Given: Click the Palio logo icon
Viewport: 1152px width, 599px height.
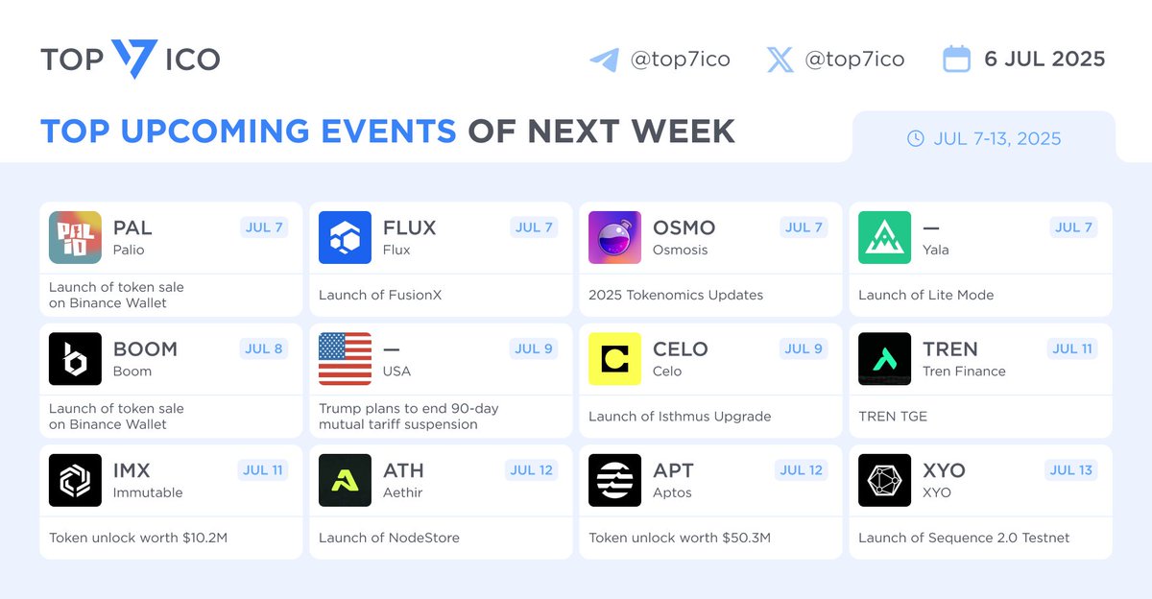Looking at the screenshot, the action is click(x=75, y=237).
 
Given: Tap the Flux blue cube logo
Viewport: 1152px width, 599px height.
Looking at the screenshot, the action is click(x=345, y=237).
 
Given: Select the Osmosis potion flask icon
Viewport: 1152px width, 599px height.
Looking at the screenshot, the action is click(x=614, y=237).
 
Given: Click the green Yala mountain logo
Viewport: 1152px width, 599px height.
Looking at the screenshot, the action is click(x=884, y=237).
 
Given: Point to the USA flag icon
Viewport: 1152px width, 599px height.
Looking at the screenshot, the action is click(x=345, y=359).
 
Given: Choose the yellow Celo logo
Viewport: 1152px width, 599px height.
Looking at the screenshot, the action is click(x=614, y=359).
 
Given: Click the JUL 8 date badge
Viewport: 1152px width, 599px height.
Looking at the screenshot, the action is click(x=263, y=348).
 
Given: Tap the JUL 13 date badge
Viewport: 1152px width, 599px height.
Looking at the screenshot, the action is click(x=1070, y=470).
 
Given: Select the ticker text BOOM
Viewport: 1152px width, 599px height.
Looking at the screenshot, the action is click(x=146, y=349).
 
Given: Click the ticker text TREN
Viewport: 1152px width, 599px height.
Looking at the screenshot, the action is click(x=950, y=349).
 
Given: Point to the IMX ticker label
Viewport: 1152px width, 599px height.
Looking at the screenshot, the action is click(x=132, y=470).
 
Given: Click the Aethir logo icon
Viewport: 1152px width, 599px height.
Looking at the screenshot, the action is click(x=345, y=480).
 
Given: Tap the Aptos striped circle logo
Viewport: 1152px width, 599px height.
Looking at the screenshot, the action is click(x=614, y=480).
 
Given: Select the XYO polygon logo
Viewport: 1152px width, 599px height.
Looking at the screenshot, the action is click(x=884, y=480).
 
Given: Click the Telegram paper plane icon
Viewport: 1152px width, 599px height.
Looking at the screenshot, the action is click(x=604, y=60).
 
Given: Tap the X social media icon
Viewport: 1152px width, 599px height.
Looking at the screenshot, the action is click(x=780, y=60).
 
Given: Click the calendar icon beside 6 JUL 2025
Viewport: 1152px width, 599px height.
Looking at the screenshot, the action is click(x=956, y=59).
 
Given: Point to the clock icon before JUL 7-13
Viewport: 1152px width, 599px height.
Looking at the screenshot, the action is click(x=916, y=138).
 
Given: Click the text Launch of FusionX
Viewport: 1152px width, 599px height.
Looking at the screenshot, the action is click(x=380, y=295).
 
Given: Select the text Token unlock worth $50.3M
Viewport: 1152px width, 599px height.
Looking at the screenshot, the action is click(x=680, y=538).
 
